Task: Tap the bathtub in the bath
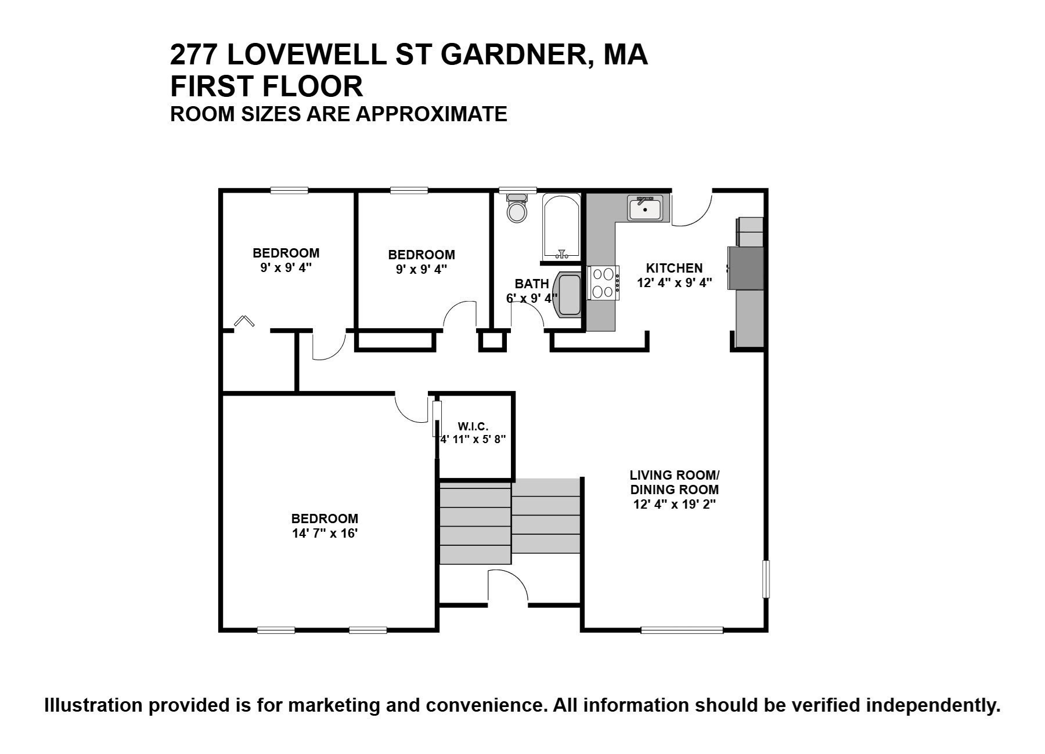(x=561, y=227)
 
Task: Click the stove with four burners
(x=603, y=282)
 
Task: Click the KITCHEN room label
(x=674, y=268)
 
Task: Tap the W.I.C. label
(x=473, y=427)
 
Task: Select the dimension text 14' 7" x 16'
(x=325, y=534)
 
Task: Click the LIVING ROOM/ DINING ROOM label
(x=674, y=482)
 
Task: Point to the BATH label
(x=531, y=284)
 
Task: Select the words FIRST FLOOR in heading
(x=266, y=86)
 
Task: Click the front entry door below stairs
(x=507, y=586)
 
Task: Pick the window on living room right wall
(x=766, y=579)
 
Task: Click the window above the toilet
(x=518, y=190)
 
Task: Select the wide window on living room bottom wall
(x=682, y=630)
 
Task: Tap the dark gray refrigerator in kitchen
(x=747, y=268)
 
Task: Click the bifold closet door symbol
(x=244, y=320)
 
